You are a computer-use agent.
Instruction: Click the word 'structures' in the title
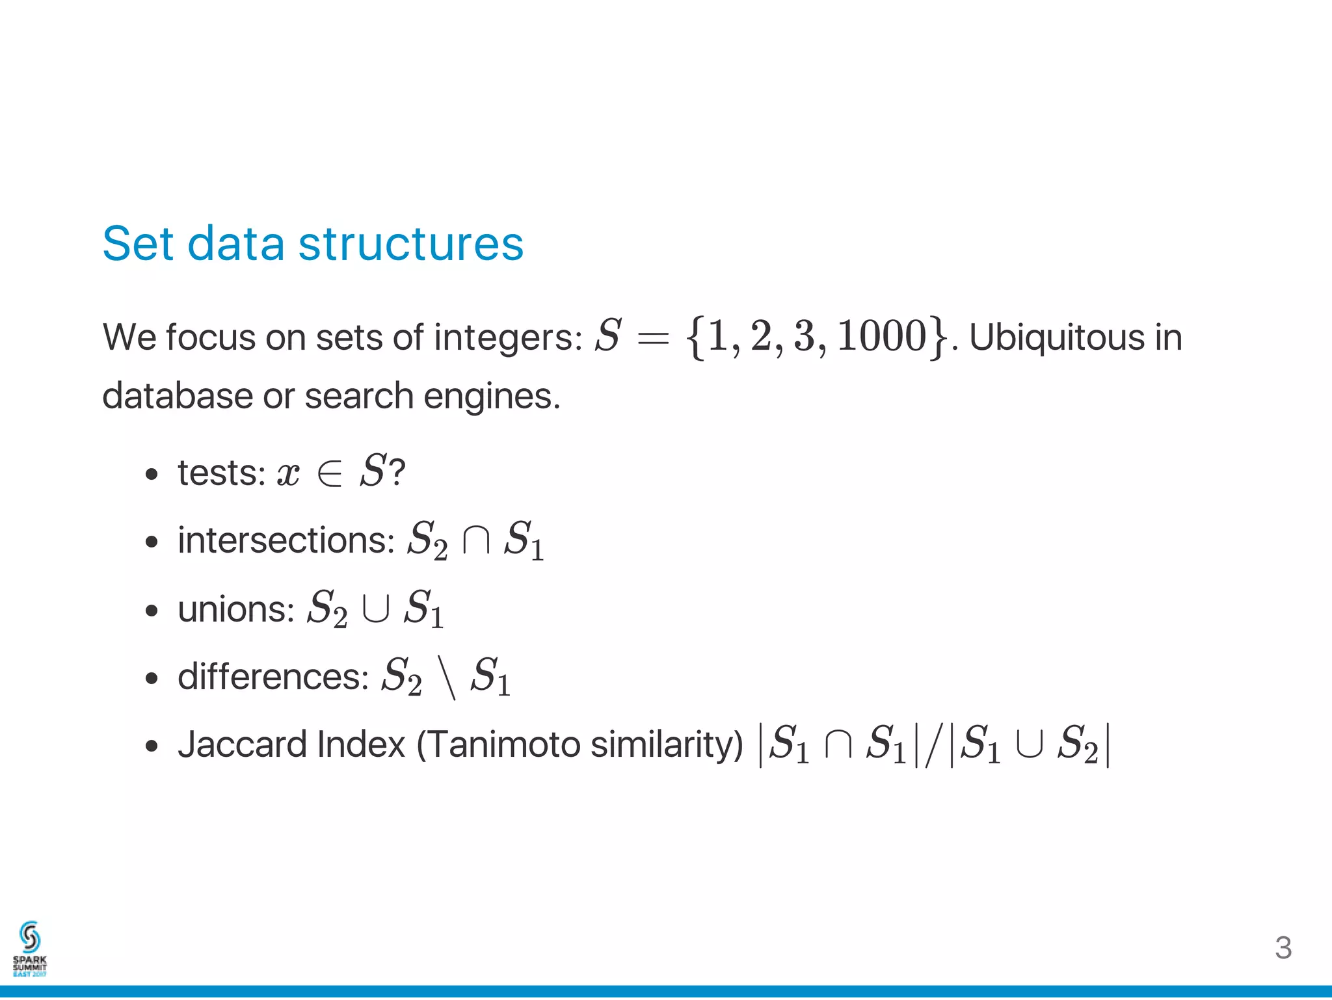point(410,244)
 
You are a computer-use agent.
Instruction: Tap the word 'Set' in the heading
point(138,244)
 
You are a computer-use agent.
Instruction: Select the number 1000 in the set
point(881,337)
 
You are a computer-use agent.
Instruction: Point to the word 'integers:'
point(508,338)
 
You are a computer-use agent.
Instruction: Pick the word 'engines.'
point(492,397)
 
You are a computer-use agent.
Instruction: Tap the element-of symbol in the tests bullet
point(329,474)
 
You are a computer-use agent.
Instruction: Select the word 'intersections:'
point(286,540)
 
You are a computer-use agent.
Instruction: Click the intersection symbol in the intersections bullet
point(475,541)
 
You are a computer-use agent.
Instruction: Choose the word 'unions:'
point(236,609)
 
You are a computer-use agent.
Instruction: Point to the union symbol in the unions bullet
point(375,609)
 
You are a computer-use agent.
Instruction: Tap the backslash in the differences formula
point(446,678)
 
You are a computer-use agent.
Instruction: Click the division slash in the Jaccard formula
point(933,746)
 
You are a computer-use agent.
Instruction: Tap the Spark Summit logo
point(30,949)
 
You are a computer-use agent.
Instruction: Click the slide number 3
point(1283,948)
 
